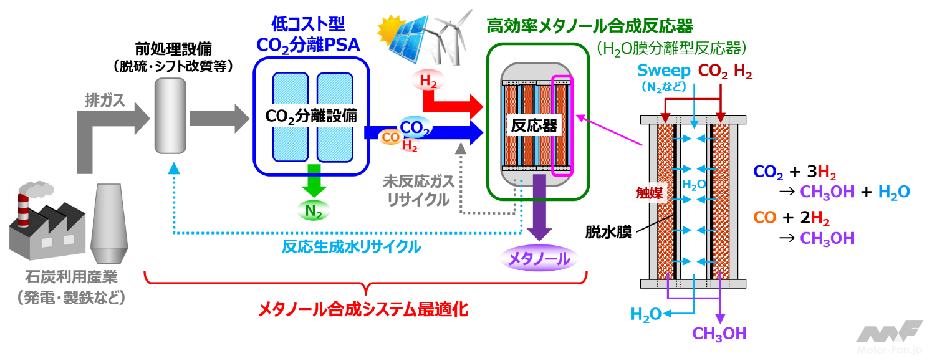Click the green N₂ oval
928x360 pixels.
click(313, 211)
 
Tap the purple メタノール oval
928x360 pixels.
click(539, 258)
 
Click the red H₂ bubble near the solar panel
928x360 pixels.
click(428, 80)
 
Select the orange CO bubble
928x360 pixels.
click(391, 137)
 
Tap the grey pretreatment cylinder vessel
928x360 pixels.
click(170, 115)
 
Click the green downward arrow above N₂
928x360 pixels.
click(314, 181)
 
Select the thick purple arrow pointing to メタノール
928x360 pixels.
click(539, 209)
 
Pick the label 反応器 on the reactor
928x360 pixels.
click(534, 125)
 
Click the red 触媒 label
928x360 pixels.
click(649, 193)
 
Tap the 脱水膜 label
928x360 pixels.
click(608, 232)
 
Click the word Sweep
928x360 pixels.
click(663, 71)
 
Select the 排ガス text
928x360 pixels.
click(104, 100)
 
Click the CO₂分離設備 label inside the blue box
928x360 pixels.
click(311, 116)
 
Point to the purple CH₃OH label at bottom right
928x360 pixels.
click(719, 334)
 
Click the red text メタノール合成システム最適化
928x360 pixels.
click(364, 309)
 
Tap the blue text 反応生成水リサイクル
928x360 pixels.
click(351, 246)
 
